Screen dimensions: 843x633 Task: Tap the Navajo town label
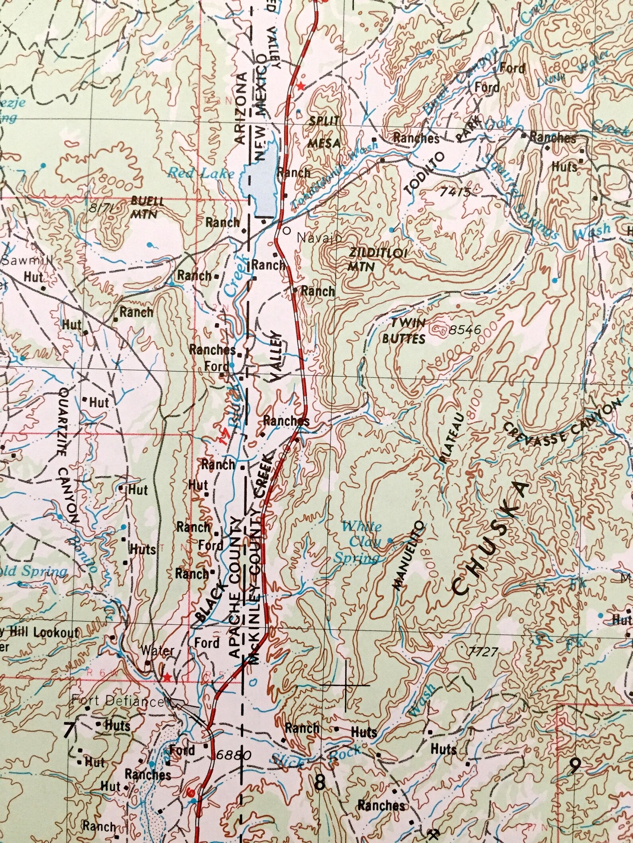pyautogui.click(x=319, y=238)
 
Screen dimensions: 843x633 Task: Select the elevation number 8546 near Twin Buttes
pyautogui.click(x=465, y=330)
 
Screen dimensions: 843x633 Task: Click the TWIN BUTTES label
pyautogui.click(x=403, y=331)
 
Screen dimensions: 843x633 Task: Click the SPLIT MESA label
pyautogui.click(x=324, y=131)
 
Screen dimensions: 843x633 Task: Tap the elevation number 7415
pyautogui.click(x=454, y=192)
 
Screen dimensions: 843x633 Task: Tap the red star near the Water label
pyautogui.click(x=167, y=677)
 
